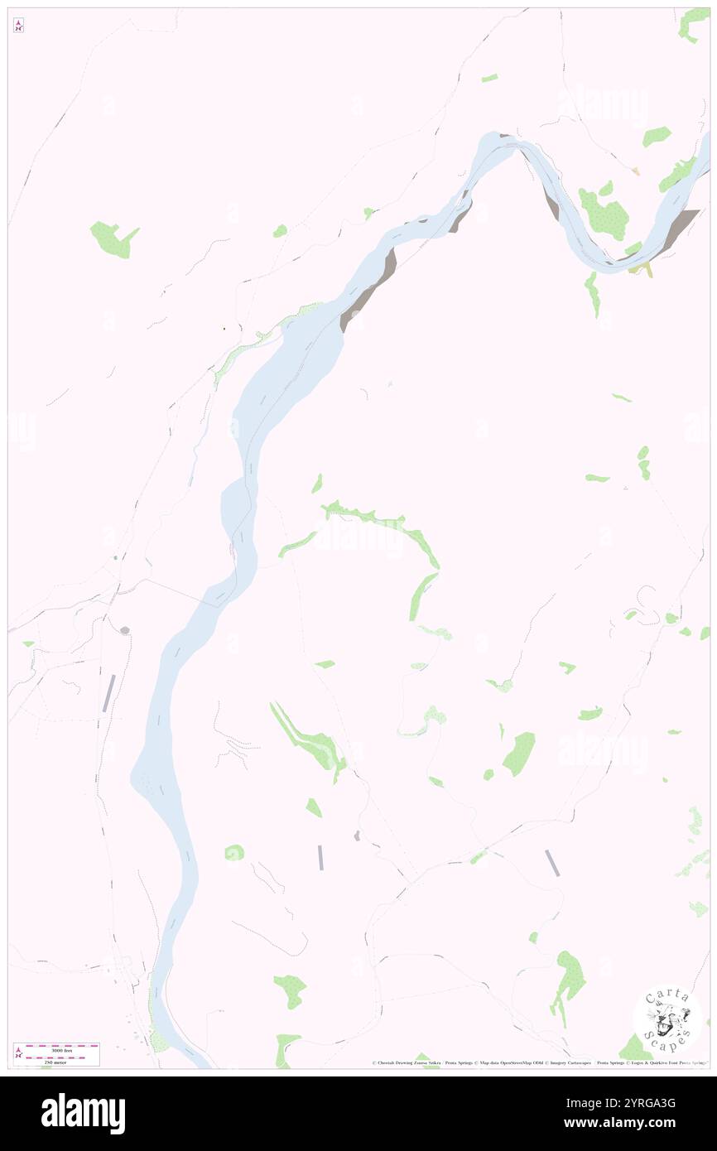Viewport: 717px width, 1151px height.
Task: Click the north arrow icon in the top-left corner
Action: pyautogui.click(x=18, y=26)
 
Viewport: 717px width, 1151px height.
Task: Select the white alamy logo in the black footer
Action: pyautogui.click(x=83, y=1114)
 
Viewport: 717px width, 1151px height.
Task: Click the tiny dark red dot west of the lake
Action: pyautogui.click(x=224, y=329)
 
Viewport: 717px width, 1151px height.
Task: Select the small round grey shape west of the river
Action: pyautogui.click(x=124, y=630)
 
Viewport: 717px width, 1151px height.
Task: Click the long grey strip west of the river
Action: pyautogui.click(x=109, y=693)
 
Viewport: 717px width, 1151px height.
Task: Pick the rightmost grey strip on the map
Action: pyautogui.click(x=552, y=863)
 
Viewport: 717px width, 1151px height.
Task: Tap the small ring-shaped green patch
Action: pyautogui.click(x=234, y=852)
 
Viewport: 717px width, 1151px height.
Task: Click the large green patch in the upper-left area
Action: pyautogui.click(x=113, y=238)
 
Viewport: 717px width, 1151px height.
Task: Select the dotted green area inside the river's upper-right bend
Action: pyautogui.click(x=604, y=213)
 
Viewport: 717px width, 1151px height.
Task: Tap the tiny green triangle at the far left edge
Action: pyautogui.click(x=28, y=643)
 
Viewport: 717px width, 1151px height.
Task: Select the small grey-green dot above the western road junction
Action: pyautogui.click(x=115, y=558)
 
